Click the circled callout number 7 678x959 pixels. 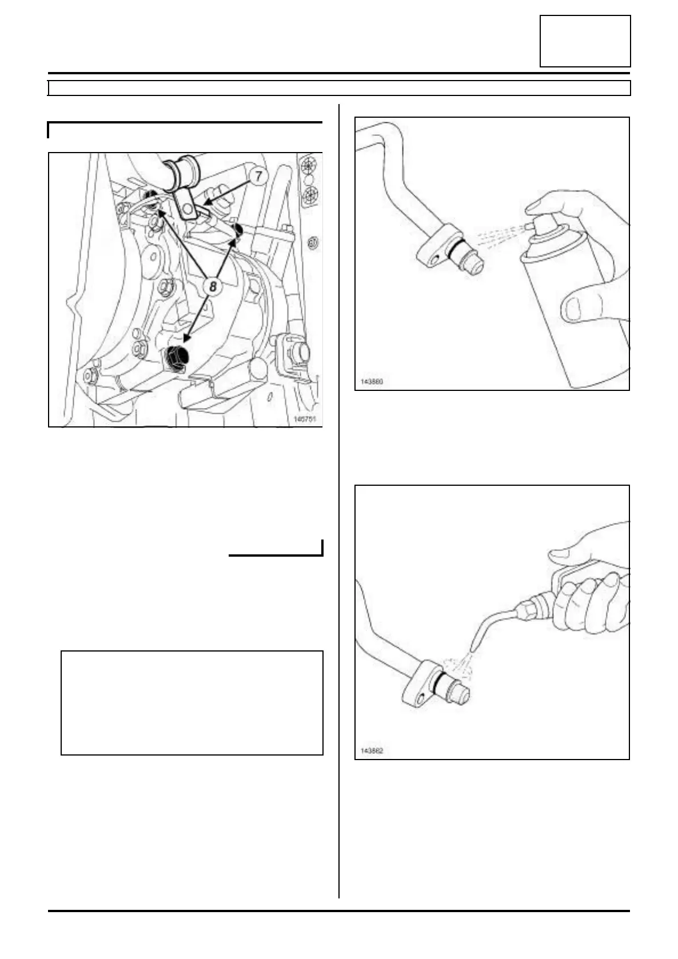[258, 177]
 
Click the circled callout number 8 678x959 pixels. [212, 286]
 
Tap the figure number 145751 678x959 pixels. [304, 419]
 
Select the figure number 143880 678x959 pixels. [372, 381]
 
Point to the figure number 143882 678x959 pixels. [372, 750]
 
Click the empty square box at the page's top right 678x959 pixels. [585, 41]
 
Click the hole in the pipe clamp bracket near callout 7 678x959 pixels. [186, 210]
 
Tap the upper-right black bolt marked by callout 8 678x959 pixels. [238, 230]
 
